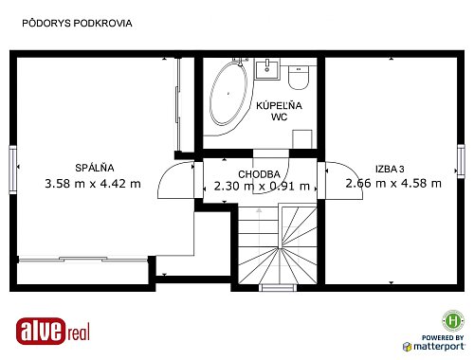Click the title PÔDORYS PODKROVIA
pos(77,23)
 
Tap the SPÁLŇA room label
pos(95,168)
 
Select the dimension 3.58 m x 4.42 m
pos(93,184)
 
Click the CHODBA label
pos(259,174)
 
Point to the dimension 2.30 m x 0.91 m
pos(262,186)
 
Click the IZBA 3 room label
pos(390,169)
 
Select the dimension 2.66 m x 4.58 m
pos(393,183)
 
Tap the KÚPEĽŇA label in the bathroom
pos(279,105)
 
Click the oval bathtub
pos(228,94)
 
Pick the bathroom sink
pos(267,69)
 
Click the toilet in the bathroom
pos(299,78)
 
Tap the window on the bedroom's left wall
pos(12,170)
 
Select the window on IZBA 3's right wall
pos(461,161)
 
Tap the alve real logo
pos(53,331)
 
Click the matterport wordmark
pos(439,346)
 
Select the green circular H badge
pos(453,321)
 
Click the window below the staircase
pos(279,287)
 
